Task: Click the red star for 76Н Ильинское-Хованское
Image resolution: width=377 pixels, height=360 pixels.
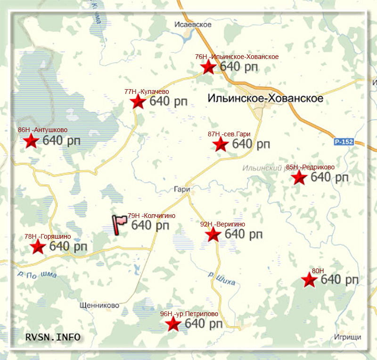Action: coord(208,67)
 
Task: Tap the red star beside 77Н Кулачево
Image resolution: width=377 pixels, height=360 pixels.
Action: coord(138,101)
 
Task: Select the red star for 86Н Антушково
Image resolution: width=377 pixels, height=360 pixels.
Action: coord(31,141)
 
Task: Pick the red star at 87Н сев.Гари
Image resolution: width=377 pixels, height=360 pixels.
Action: coord(221,144)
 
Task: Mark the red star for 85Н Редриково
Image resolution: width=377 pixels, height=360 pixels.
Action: coord(299,178)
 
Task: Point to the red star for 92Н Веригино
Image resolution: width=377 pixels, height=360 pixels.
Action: coord(213,234)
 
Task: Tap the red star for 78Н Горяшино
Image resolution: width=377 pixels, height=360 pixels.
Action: coord(37,246)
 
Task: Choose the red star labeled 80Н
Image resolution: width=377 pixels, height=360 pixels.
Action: coord(309,280)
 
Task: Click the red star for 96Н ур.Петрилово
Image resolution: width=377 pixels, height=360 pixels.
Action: coord(173,324)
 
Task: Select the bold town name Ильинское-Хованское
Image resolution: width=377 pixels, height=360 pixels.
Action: coord(265,99)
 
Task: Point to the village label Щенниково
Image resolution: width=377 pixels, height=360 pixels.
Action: coord(99,305)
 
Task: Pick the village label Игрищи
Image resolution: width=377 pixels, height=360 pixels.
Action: coord(347,337)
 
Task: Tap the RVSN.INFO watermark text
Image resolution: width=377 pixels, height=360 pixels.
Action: coord(52,337)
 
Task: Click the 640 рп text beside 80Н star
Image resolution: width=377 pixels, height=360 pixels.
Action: coord(339,280)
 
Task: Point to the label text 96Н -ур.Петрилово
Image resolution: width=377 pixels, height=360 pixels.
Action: coord(189,314)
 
